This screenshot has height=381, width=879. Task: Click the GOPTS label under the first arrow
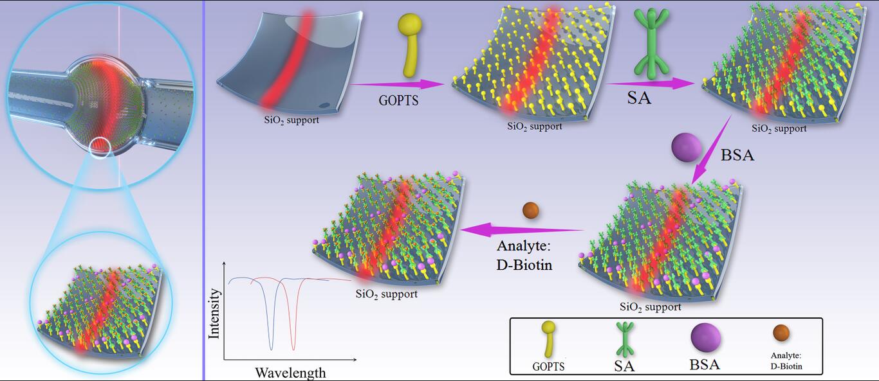coord(398,100)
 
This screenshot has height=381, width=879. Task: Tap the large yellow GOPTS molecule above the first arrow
coord(410,45)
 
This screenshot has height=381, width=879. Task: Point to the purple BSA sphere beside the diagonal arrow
coord(687,148)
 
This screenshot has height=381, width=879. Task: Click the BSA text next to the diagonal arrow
coord(737,155)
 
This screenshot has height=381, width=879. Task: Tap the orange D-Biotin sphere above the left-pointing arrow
coord(530,211)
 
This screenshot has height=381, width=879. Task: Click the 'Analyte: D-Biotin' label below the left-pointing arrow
coord(524,255)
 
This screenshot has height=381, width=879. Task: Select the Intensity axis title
coord(214,314)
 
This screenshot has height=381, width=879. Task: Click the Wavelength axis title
coord(290,373)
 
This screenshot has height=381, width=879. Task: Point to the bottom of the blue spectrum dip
coord(271,350)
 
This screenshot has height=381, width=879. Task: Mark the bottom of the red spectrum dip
coord(293,350)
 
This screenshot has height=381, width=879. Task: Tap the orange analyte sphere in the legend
coord(781,333)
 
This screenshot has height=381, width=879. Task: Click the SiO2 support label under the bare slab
coord(291,120)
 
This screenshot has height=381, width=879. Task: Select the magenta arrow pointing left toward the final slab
coord(522,230)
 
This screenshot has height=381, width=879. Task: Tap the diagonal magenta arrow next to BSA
coord(711,150)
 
